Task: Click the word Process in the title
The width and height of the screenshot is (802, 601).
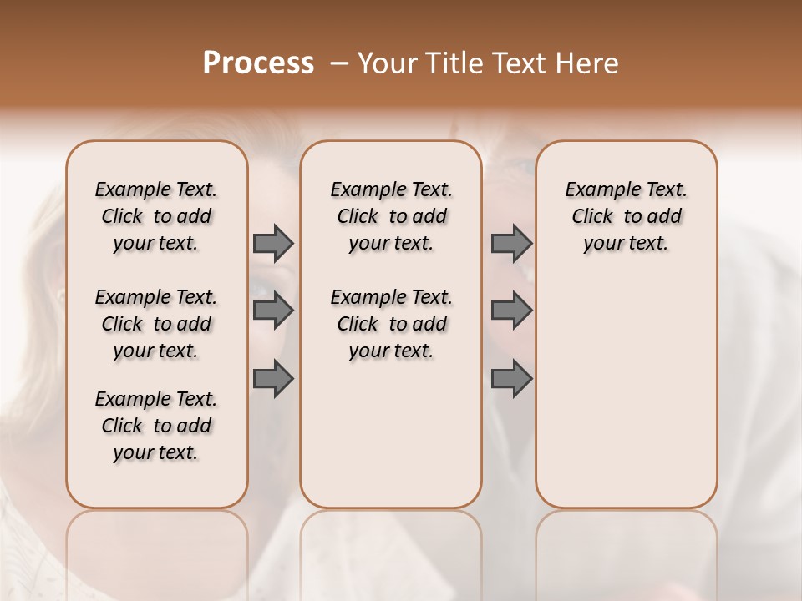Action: coord(258,63)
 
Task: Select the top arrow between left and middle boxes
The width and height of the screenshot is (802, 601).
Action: coord(273,243)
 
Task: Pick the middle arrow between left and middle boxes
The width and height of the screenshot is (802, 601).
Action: coord(273,311)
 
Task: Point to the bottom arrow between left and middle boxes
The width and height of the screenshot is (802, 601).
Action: coord(273,378)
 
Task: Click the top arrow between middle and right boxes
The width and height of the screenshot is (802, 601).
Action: coord(511,243)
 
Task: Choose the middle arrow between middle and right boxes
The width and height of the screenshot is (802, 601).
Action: coord(511,311)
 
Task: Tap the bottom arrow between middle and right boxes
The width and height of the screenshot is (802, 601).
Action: coord(511,378)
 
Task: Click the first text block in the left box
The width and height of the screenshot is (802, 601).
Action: coord(156,216)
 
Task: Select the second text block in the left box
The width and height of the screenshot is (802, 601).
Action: coord(156,324)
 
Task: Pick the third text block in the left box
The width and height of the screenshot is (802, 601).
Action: coord(156,426)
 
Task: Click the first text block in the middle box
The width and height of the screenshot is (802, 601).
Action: coord(391,216)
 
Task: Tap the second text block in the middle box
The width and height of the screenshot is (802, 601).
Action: coord(391,324)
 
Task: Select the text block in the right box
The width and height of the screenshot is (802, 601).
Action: coord(627,216)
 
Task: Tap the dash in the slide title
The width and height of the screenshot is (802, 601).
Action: coord(338,63)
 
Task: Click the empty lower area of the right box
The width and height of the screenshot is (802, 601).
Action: coord(627,392)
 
